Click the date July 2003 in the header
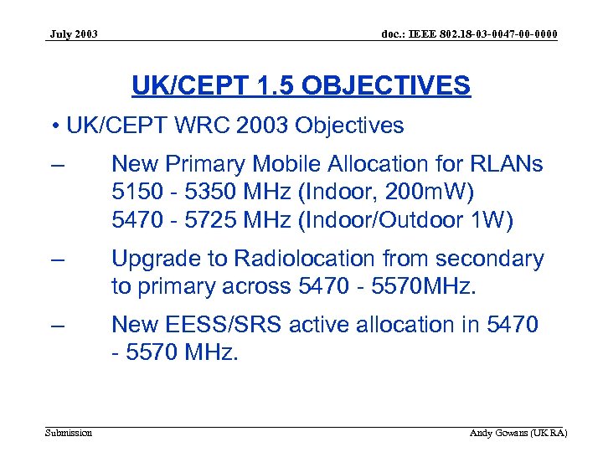pyautogui.click(x=74, y=34)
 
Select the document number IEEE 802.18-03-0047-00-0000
pyautogui.click(x=469, y=34)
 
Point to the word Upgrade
pyautogui.click(x=152, y=259)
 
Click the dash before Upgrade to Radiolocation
pyautogui.click(x=58, y=259)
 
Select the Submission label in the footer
pyautogui.click(x=69, y=433)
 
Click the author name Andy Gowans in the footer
pyautogui.click(x=502, y=433)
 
